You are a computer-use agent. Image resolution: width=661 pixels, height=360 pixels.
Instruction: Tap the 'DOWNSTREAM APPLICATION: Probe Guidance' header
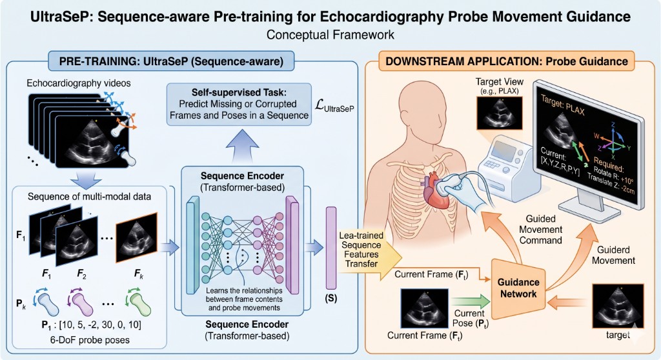(x=506, y=63)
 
